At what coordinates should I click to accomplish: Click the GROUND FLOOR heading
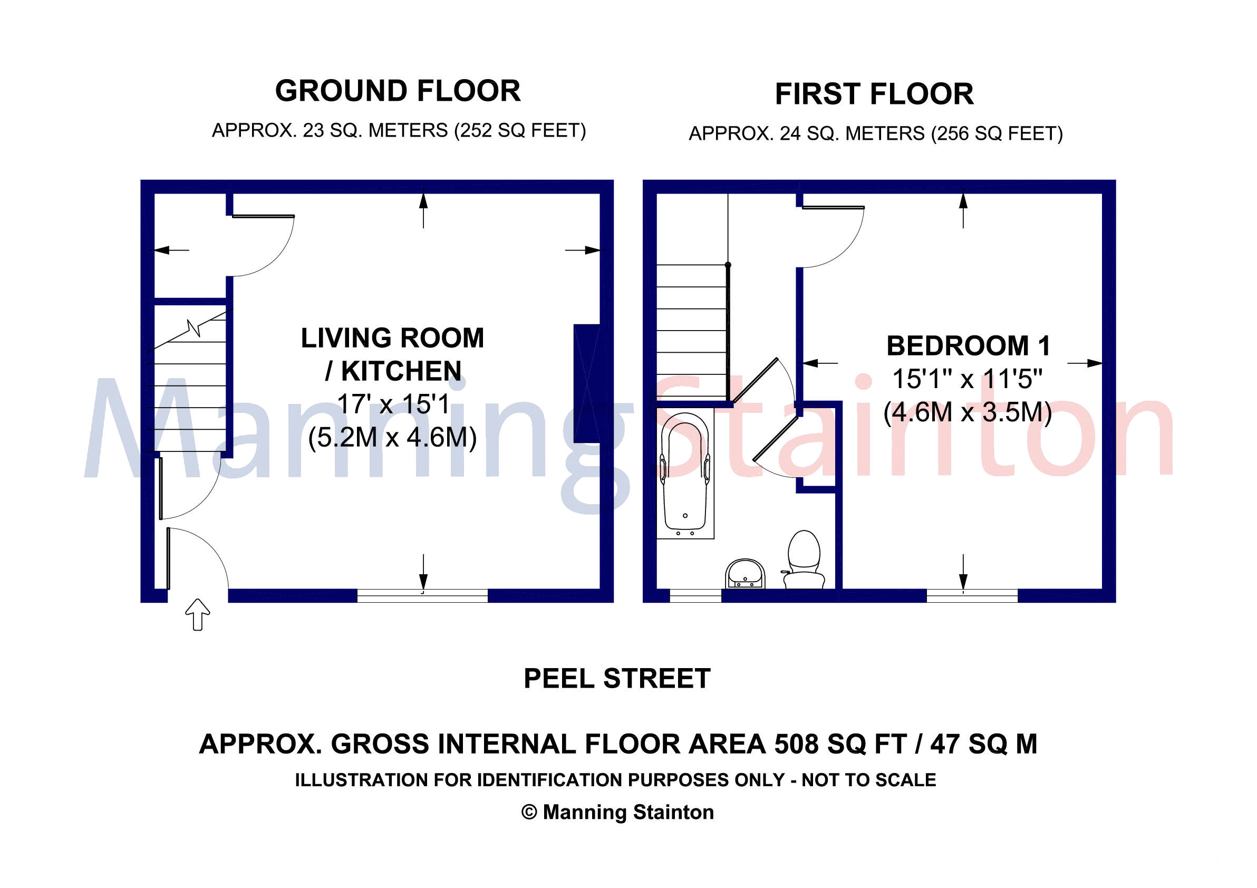tap(398, 91)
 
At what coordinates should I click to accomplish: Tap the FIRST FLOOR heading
tap(874, 94)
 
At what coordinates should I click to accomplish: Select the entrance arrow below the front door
tap(198, 614)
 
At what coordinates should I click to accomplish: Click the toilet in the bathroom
tap(804, 559)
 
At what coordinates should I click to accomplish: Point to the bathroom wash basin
tap(745, 574)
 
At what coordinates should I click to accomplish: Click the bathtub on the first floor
tap(685, 476)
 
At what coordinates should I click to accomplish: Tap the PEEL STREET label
tap(617, 679)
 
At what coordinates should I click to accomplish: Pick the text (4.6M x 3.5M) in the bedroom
tap(968, 412)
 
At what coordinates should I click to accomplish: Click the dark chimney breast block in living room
tap(587, 383)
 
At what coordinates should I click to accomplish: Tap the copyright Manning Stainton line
tap(617, 813)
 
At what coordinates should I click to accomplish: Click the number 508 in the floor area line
tap(797, 744)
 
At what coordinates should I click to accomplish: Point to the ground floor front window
tap(423, 596)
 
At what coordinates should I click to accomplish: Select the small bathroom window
tap(695, 596)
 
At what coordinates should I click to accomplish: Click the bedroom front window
tap(972, 596)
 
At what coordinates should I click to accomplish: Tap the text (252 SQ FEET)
tap(520, 131)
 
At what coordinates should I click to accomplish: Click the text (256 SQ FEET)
tap(997, 134)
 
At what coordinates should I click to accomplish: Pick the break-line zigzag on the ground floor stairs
tap(194, 327)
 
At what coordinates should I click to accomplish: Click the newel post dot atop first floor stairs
tap(728, 265)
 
